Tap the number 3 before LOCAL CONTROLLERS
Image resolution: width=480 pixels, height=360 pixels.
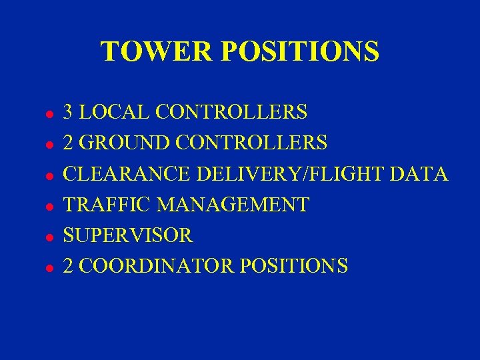click(68, 111)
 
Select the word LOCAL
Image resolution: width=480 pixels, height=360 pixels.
click(115, 111)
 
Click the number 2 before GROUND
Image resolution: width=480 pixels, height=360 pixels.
click(68, 143)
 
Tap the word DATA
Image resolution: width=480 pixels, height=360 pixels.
click(420, 173)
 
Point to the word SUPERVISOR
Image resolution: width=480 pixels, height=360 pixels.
click(128, 235)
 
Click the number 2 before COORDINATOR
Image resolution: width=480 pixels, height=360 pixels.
click(68, 266)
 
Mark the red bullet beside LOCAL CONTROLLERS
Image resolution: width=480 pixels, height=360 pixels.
click(49, 114)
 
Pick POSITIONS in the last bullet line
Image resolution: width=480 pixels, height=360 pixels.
click(293, 266)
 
